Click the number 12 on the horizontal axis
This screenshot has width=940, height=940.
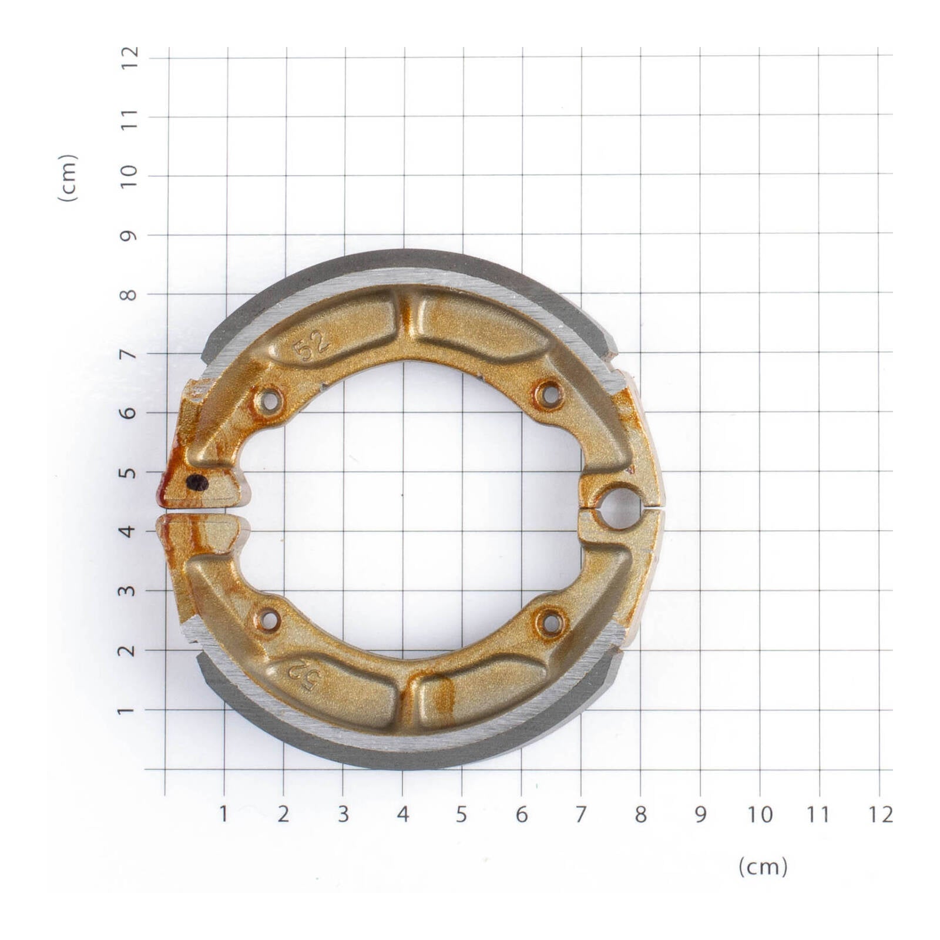click(879, 814)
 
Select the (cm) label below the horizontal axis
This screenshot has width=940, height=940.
click(763, 867)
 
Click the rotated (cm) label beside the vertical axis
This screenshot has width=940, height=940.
click(68, 178)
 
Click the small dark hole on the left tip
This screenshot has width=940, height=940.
click(197, 483)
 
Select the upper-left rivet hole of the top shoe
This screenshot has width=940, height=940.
click(269, 402)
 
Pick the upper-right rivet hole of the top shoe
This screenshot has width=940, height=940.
click(550, 395)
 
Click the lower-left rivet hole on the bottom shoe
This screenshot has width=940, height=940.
click(268, 620)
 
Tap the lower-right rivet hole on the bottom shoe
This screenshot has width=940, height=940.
click(550, 623)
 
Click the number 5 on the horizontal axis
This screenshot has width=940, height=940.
click(461, 814)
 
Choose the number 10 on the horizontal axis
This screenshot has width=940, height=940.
click(759, 814)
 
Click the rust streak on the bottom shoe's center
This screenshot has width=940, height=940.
click(444, 696)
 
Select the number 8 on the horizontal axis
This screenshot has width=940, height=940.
click(640, 814)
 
